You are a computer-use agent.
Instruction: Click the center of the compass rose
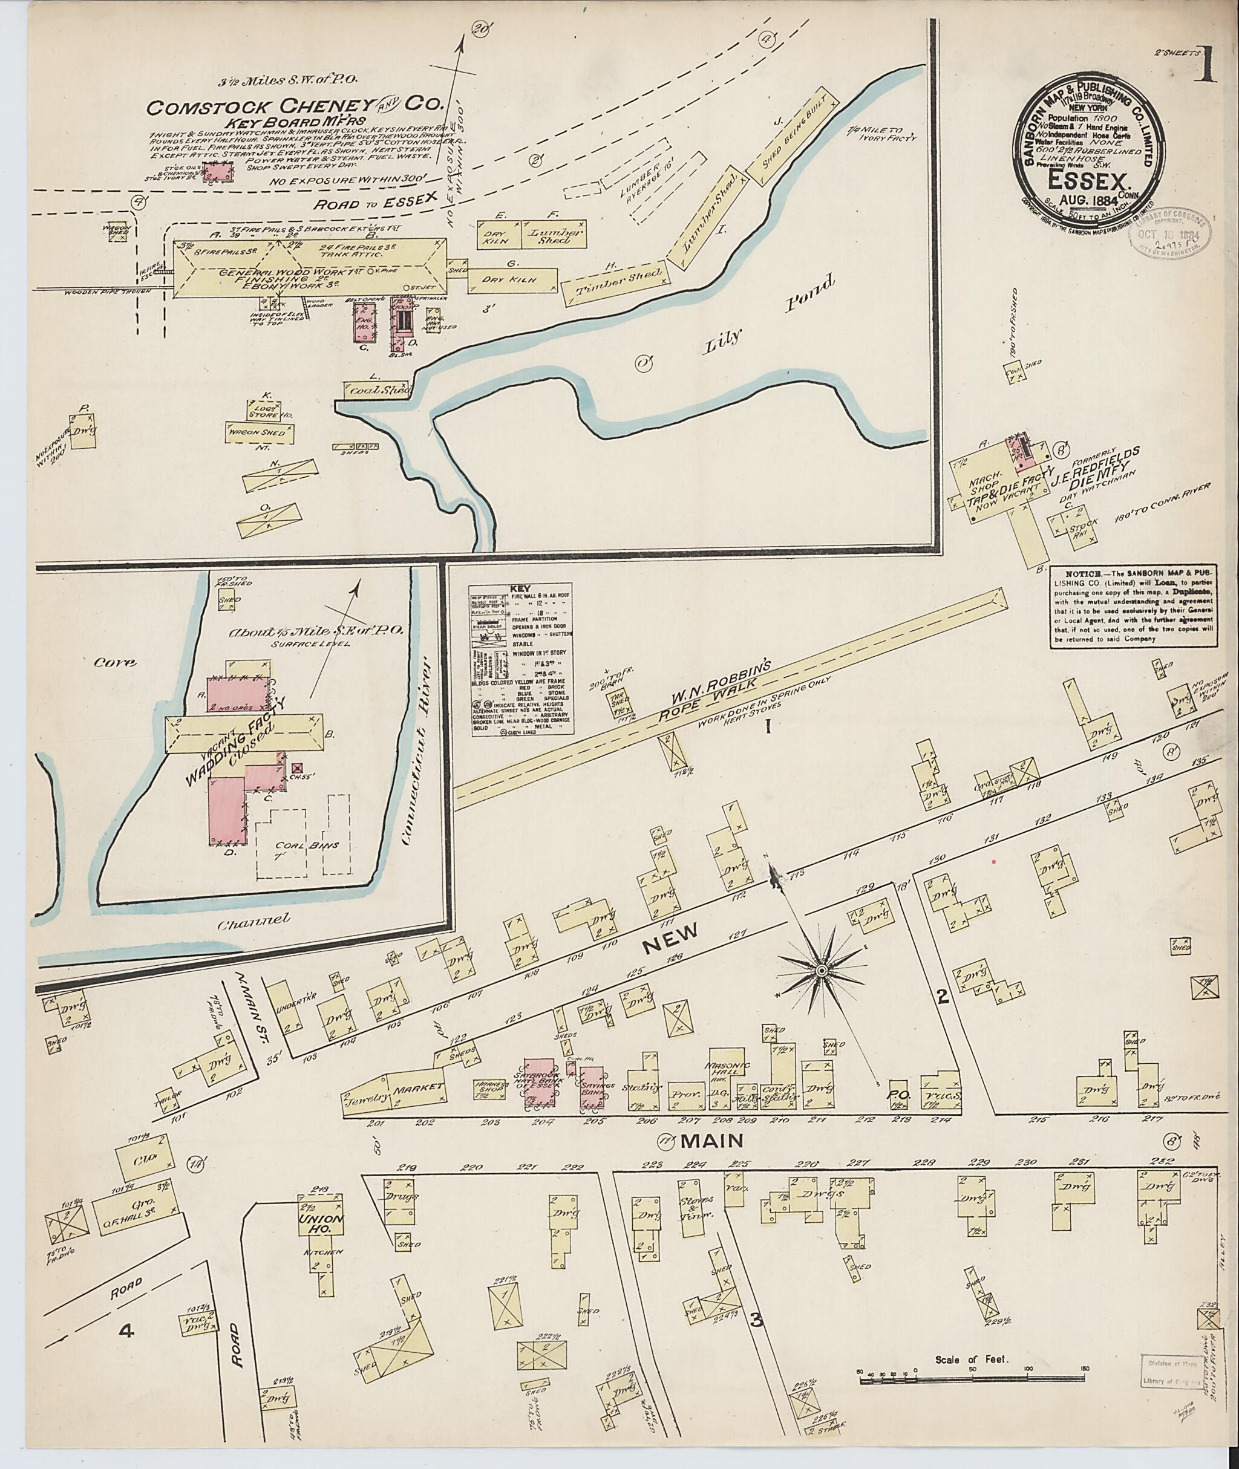coord(820,971)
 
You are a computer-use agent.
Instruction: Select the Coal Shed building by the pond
coord(375,389)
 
